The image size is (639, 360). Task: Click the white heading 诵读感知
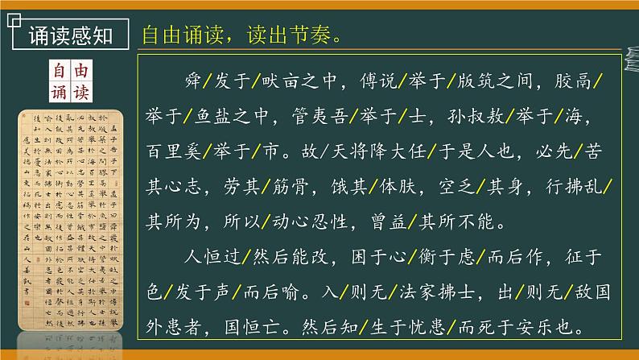(x=66, y=36)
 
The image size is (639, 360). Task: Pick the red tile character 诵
(x=59, y=92)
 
